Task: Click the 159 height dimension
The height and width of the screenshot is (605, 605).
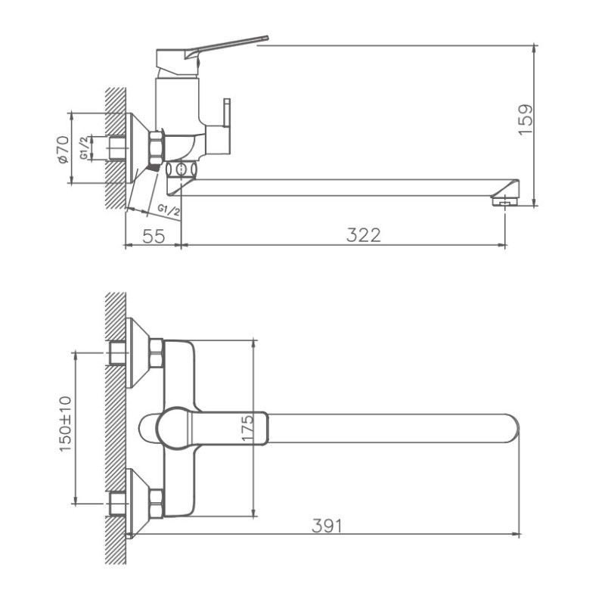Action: (527, 119)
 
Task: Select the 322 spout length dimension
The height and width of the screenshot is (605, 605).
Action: (364, 235)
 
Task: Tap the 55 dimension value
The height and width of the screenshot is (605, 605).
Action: (154, 235)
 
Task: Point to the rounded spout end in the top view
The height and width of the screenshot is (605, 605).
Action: (511, 428)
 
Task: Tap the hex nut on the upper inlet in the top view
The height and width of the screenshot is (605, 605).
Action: (156, 353)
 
